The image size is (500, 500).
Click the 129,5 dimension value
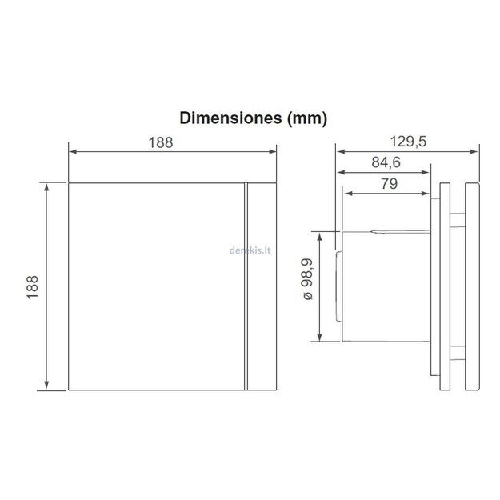(408, 142)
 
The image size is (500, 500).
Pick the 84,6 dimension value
(384, 163)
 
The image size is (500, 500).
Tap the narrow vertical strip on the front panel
(245, 286)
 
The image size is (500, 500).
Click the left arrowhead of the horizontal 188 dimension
(74, 150)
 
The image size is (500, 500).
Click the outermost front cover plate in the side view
(470, 286)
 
